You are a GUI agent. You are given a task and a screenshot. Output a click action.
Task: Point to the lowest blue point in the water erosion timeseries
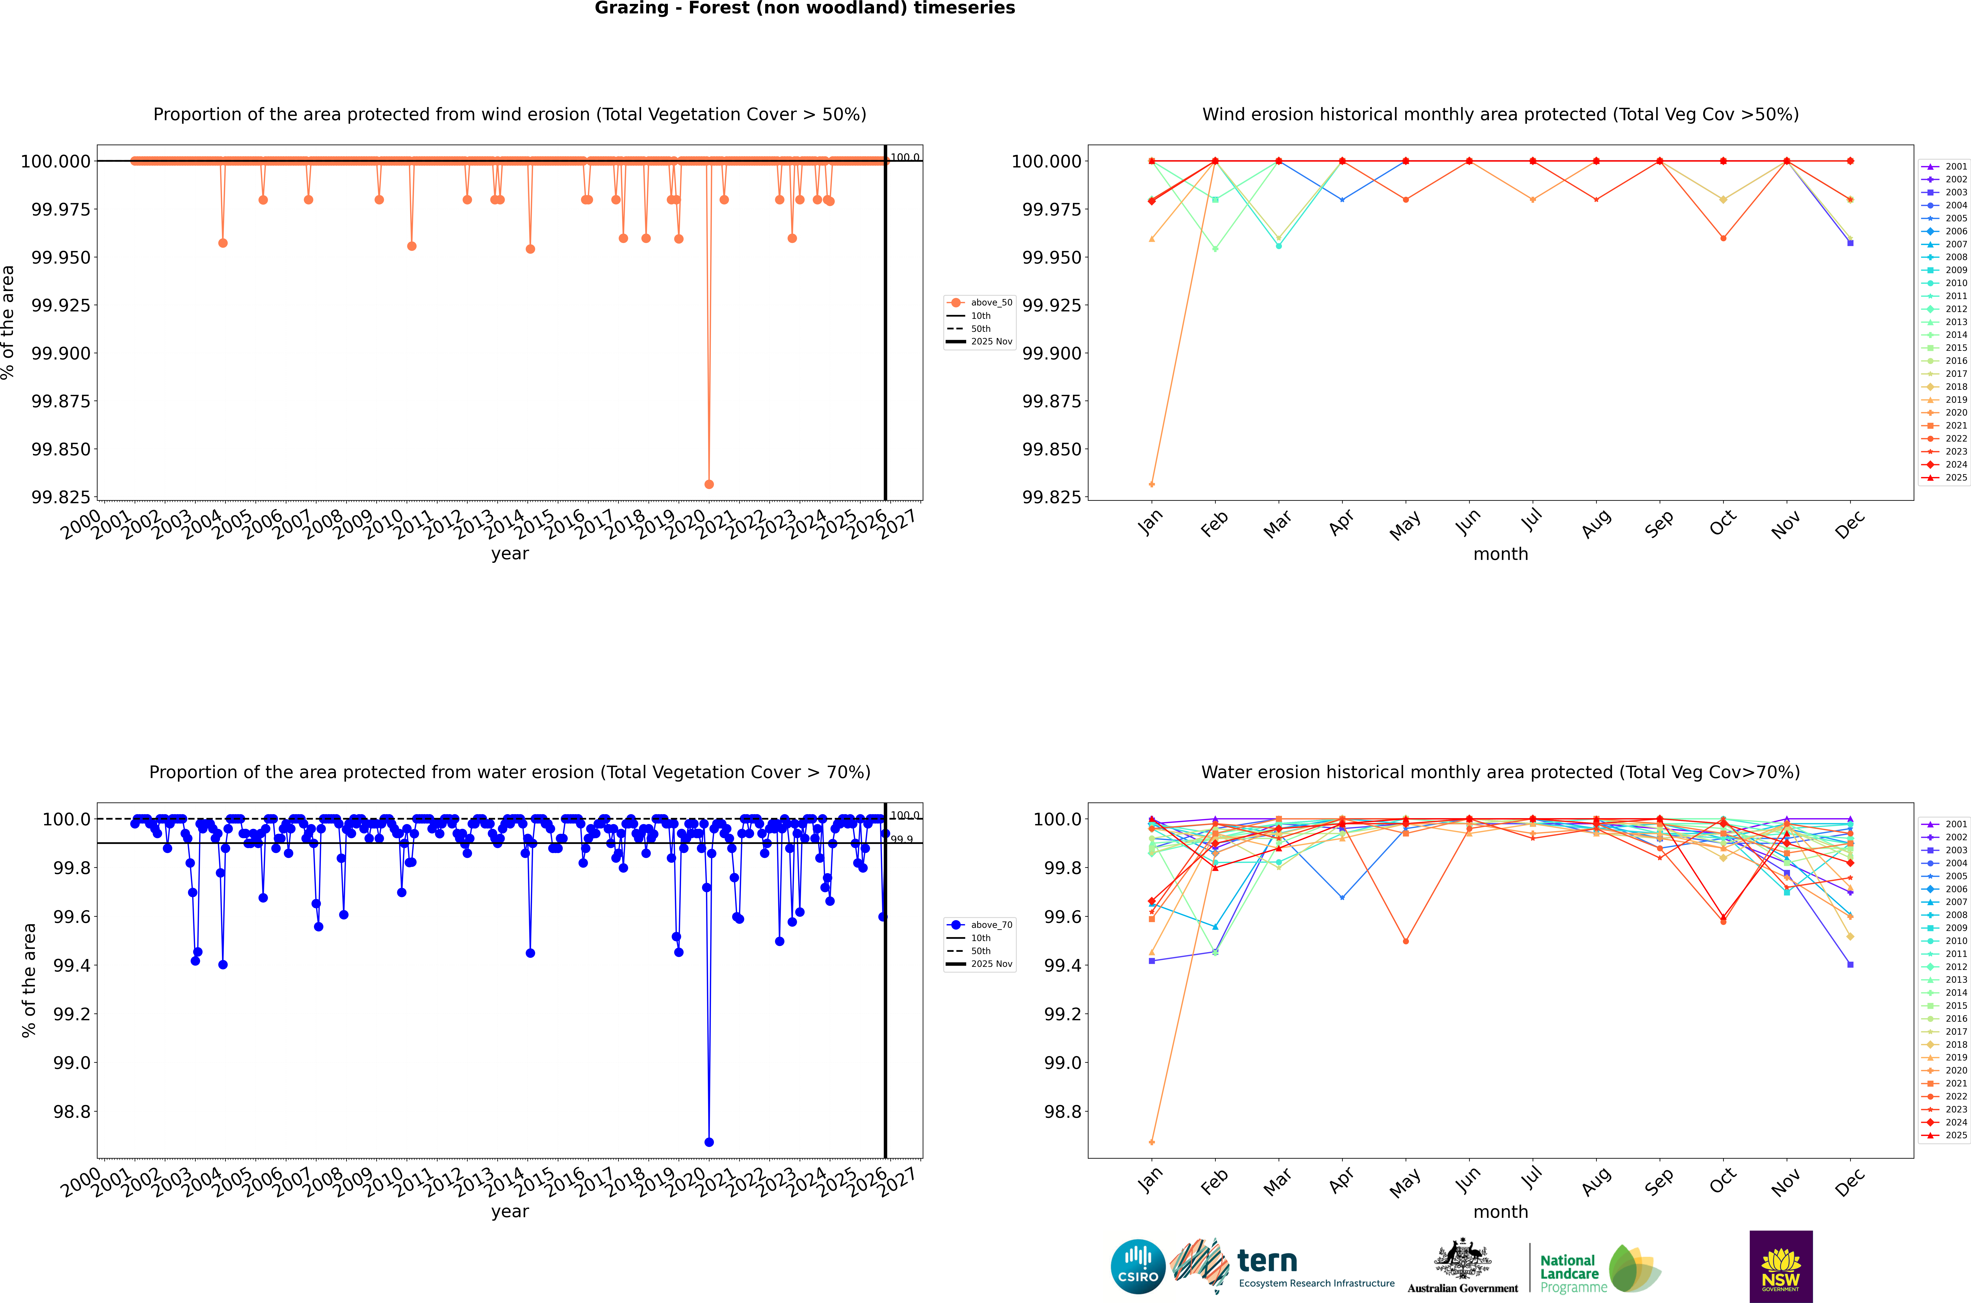(708, 1142)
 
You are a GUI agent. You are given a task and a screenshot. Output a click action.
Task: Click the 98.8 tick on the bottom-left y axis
(71, 1112)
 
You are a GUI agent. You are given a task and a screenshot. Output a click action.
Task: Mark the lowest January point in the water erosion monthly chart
(1151, 1142)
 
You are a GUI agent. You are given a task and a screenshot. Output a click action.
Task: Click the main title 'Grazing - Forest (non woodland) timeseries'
(804, 8)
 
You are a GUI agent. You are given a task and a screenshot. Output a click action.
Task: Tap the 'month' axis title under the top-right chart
(1500, 554)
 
